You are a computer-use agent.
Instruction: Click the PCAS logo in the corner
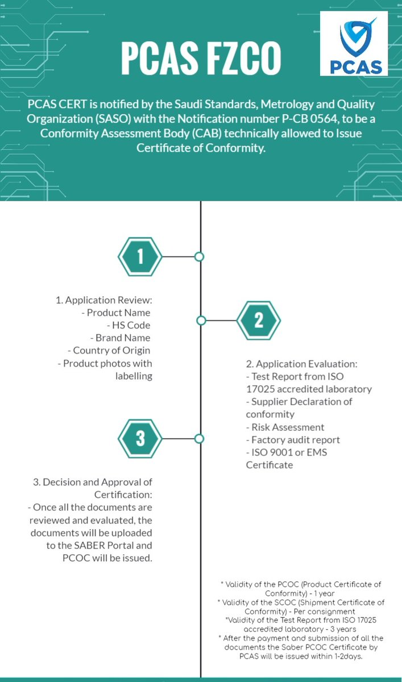354,44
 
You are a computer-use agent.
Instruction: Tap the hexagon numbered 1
140,257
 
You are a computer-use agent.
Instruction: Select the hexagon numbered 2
259,321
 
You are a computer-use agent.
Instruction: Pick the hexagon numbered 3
140,439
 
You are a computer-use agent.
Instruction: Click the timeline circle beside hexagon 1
199,257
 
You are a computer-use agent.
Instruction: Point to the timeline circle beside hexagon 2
201,321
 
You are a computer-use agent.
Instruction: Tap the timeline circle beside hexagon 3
199,439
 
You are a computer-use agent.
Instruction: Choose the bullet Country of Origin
111,350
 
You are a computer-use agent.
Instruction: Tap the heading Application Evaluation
304,364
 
